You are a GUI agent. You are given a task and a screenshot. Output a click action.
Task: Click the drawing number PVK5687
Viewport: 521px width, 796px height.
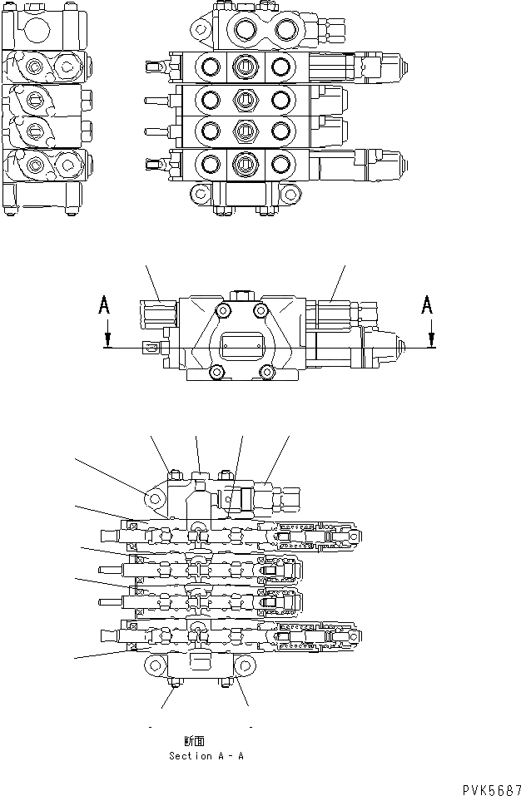click(x=489, y=788)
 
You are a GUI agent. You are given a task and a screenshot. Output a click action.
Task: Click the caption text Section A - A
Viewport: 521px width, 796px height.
click(x=206, y=756)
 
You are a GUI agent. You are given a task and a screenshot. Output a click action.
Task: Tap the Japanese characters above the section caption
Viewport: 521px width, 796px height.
click(x=194, y=741)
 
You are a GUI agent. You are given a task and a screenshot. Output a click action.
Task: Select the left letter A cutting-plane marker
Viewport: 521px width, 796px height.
click(x=105, y=307)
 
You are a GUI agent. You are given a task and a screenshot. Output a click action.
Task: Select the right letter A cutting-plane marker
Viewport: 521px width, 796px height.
click(x=428, y=307)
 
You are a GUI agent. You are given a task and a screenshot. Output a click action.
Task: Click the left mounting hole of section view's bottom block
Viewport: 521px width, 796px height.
click(x=156, y=664)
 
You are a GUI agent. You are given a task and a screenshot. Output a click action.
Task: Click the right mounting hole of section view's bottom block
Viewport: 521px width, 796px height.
click(x=246, y=664)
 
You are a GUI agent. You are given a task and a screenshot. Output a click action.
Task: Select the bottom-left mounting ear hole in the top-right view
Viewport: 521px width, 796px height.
click(x=201, y=194)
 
